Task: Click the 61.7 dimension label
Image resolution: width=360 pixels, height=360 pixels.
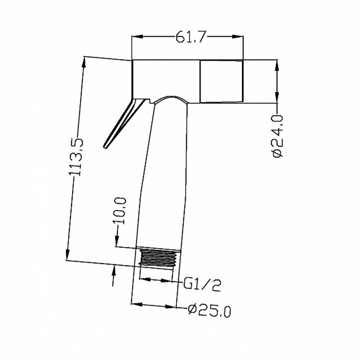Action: tap(190, 37)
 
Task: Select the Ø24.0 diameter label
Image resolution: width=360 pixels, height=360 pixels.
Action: tap(278, 136)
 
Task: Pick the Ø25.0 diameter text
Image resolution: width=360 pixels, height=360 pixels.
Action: tap(210, 311)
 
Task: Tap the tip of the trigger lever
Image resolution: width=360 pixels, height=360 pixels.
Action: tap(105, 147)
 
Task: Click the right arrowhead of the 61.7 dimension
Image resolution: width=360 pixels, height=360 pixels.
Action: tap(237, 37)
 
